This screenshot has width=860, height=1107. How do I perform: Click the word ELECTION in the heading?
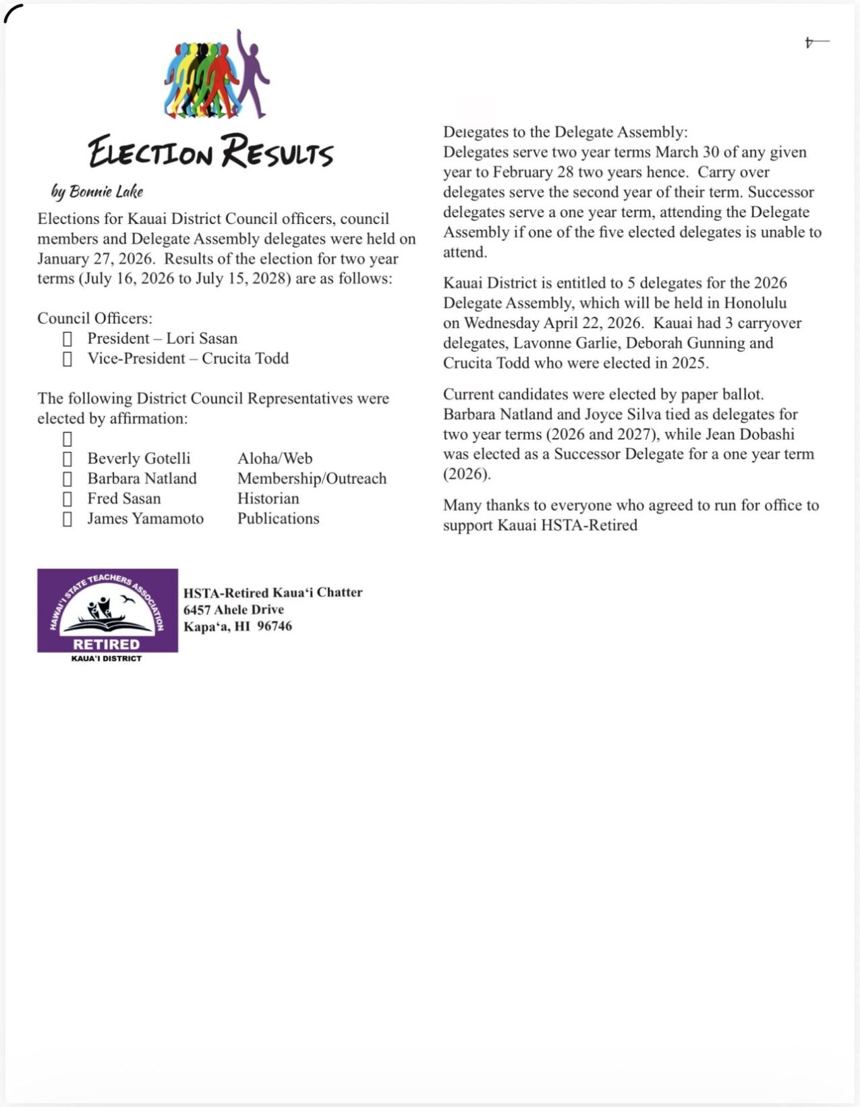[x=150, y=152]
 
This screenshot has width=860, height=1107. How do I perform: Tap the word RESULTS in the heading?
[x=277, y=152]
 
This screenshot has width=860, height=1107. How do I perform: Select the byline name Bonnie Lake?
[x=106, y=192]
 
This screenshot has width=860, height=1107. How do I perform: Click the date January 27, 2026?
[x=95, y=259]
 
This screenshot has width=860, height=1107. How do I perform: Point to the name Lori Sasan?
[x=202, y=338]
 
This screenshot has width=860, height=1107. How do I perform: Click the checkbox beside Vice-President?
[x=67, y=358]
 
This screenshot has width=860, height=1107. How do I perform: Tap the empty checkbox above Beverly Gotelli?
[x=67, y=439]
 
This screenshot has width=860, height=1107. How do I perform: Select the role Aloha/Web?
[x=275, y=458]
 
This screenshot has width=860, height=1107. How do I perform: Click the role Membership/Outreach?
[x=312, y=479]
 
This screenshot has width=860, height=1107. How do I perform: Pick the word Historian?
[x=268, y=499]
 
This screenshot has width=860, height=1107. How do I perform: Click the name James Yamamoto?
[x=145, y=518]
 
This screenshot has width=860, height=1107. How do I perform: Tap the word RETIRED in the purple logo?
[x=107, y=644]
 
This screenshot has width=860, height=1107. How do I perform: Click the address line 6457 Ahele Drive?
[x=233, y=609]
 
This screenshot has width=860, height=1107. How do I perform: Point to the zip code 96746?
[x=275, y=626]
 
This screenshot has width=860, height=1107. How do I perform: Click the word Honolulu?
[x=755, y=302]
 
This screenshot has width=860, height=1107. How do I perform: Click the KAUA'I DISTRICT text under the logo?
[x=107, y=659]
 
